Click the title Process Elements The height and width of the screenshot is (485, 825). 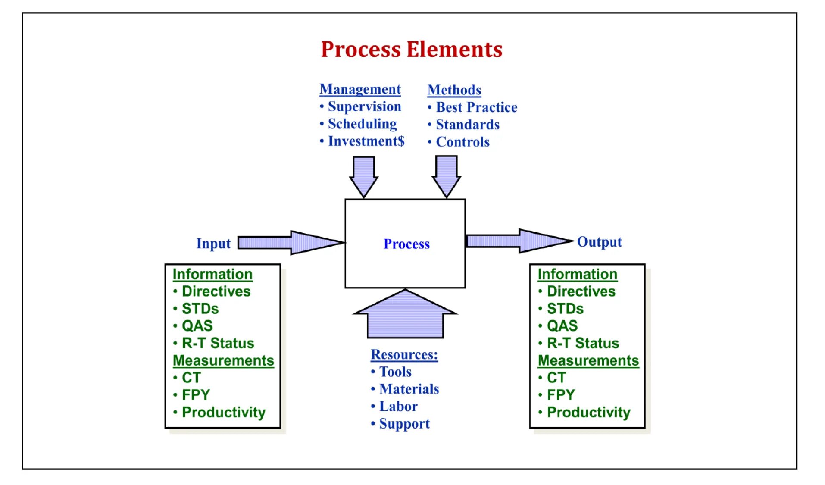[411, 49]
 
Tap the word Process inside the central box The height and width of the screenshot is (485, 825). [406, 244]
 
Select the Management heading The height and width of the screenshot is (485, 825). [360, 89]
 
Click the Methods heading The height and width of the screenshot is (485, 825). [454, 90]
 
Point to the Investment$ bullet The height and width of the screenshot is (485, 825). [366, 141]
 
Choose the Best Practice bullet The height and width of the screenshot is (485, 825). [476, 107]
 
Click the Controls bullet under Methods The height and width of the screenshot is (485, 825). [462, 142]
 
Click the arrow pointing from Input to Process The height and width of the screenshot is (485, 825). [289, 243]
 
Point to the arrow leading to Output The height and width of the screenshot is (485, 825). [517, 241]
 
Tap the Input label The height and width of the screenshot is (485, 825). [213, 244]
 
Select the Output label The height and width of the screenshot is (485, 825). [599, 242]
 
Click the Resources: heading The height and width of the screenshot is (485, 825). [404, 354]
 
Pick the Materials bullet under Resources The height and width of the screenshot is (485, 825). [409, 389]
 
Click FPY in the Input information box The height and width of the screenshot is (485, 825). [196, 395]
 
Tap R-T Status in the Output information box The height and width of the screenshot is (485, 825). [582, 343]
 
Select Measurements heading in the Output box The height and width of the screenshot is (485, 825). [588, 360]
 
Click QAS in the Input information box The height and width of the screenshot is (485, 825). [197, 326]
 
